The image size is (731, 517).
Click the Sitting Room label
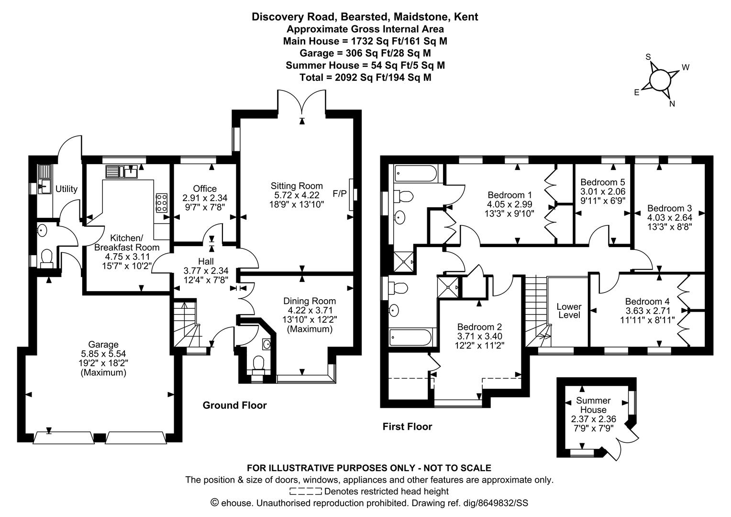(297, 186)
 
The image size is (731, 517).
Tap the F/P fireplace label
(339, 194)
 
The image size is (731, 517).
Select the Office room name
(205, 189)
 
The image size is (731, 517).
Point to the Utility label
(66, 189)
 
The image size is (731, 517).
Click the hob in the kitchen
(162, 203)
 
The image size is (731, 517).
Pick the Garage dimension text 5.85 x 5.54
(103, 354)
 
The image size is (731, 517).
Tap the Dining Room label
(310, 301)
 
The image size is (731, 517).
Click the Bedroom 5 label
(603, 182)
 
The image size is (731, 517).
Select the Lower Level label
(569, 311)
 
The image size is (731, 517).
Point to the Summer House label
(593, 405)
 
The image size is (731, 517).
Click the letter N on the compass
(672, 104)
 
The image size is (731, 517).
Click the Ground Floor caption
(234, 405)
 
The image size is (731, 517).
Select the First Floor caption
(407, 427)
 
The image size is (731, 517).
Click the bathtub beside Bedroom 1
(415, 173)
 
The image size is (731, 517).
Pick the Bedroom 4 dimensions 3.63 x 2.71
(648, 311)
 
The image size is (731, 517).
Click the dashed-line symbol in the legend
(305, 491)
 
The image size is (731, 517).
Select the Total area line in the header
(365, 78)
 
